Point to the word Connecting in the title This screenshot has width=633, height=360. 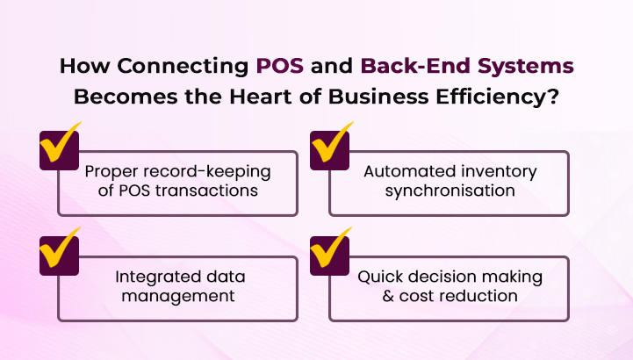(x=189, y=67)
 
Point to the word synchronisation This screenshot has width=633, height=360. (x=448, y=191)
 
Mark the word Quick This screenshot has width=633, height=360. (x=380, y=276)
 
